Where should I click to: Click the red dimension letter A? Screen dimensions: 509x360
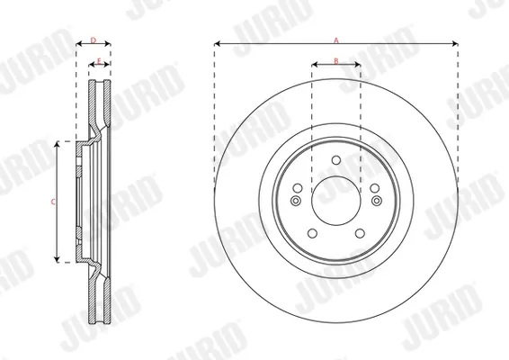pos(336,40)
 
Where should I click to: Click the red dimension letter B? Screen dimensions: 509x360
pos(336,61)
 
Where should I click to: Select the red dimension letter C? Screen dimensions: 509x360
pos(53,202)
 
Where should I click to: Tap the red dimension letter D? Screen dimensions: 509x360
pos(94,40)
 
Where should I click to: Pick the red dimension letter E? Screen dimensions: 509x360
pos(99,61)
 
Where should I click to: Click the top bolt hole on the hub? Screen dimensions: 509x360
pos(336,160)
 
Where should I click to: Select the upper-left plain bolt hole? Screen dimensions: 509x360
pos(298,188)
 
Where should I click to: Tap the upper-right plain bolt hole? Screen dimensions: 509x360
pos(375,188)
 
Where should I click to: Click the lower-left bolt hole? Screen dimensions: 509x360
pos(312,233)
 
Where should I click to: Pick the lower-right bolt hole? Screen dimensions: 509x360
pos(360,233)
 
